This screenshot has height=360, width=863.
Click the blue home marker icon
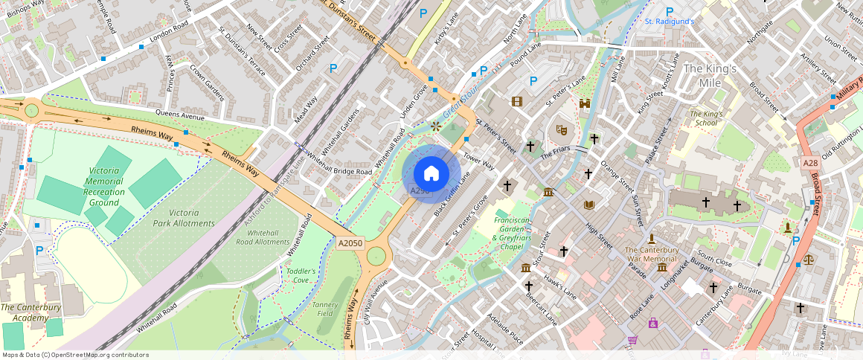coord(431,174)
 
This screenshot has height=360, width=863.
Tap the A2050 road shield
coord(350,243)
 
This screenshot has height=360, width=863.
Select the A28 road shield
coord(810,162)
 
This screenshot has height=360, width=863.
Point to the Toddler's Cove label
coord(301,276)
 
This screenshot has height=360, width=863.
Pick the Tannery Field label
coord(326,309)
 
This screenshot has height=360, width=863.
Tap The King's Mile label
coord(710,76)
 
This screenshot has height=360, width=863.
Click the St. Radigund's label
coord(669,22)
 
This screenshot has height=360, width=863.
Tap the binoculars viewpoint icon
coord(585,104)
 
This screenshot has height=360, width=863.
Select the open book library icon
coord(590,205)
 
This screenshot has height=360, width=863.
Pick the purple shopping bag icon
coord(653,323)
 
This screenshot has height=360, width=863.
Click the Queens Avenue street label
coord(179,115)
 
